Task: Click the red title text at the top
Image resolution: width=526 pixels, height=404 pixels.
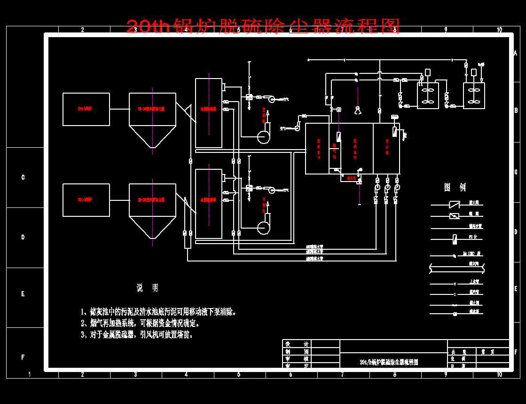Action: tap(263, 26)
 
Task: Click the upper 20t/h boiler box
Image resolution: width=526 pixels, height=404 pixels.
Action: tap(86, 109)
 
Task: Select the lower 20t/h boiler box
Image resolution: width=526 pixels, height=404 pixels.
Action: tap(86, 200)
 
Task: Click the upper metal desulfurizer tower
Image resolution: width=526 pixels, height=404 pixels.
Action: tap(209, 113)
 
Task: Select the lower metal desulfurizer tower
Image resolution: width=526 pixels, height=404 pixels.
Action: tap(209, 203)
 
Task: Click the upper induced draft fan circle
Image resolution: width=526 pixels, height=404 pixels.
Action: tap(264, 136)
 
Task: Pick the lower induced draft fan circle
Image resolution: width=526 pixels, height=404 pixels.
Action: tap(264, 227)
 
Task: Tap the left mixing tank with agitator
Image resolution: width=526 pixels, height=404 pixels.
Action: tap(428, 95)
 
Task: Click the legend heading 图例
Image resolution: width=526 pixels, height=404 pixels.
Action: tap(455, 187)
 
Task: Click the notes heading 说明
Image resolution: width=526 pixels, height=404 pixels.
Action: tap(147, 288)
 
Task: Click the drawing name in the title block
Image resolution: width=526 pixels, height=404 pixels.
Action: tap(388, 362)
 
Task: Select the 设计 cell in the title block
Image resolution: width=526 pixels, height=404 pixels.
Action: tap(297, 344)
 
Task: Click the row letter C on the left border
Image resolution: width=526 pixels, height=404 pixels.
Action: tap(23, 177)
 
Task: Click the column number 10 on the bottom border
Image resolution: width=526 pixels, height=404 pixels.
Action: tap(499, 374)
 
